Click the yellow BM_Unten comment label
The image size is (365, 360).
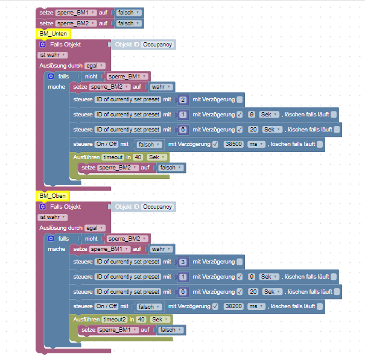tap(53, 34)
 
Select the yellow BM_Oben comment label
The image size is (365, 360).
tap(53, 196)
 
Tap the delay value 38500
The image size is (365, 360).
tap(233, 145)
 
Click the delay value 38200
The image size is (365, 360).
tap(233, 306)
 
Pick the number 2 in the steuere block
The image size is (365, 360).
tap(183, 99)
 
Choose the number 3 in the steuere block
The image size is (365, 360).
tap(183, 262)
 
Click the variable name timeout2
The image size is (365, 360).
tap(115, 319)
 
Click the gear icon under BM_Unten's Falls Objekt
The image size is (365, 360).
tap(43, 45)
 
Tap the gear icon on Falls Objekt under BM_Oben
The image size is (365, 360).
tap(43, 207)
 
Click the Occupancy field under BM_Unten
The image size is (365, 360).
tap(158, 45)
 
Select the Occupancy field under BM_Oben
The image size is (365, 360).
tap(158, 207)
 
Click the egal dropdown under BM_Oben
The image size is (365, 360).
tap(94, 228)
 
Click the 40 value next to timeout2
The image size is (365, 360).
tap(139, 319)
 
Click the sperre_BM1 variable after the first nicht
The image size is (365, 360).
tap(125, 77)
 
